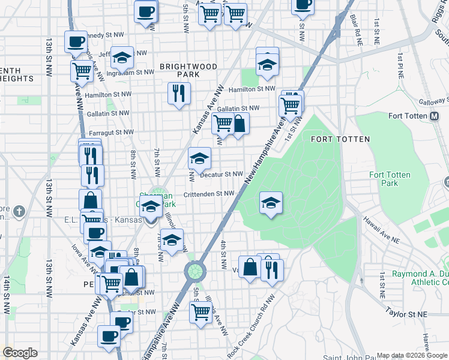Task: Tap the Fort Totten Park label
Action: tap(390, 179)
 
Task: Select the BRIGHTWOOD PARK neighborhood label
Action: tap(179, 70)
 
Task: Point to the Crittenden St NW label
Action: tap(208, 194)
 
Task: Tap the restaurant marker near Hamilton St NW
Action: tap(179, 94)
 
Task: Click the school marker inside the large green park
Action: tap(271, 203)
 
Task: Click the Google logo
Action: tap(20, 353)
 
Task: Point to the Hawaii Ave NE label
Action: tap(381, 230)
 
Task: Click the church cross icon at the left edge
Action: tap(20, 211)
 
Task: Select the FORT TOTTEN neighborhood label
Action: tap(340, 139)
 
